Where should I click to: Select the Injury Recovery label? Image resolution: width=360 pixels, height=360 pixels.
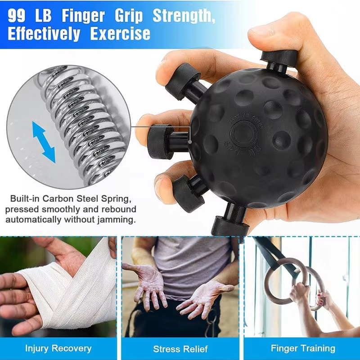pyautogui.click(x=58, y=348)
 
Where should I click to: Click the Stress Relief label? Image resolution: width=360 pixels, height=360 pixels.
pyautogui.click(x=180, y=349)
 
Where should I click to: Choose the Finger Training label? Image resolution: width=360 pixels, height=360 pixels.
pyautogui.click(x=303, y=348)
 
